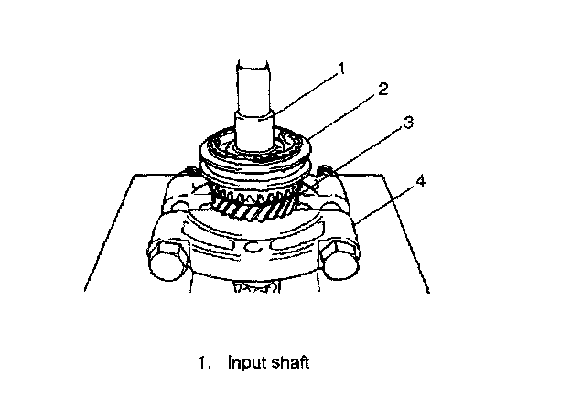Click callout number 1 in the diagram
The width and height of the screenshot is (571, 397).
click(x=342, y=68)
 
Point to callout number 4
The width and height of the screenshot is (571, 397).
click(x=419, y=182)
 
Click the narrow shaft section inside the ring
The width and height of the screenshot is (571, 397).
click(x=254, y=128)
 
